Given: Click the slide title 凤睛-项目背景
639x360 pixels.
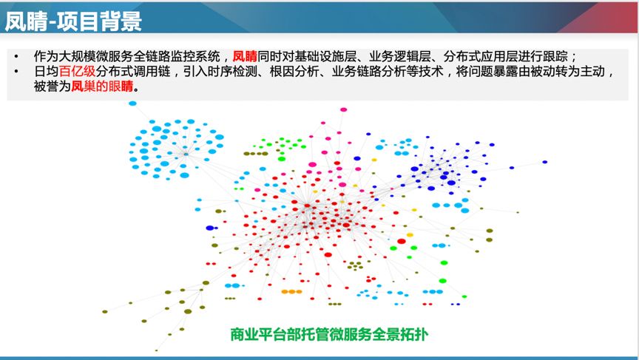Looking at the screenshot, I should click(74, 21).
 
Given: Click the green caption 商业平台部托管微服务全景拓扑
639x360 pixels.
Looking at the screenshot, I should click(329, 334).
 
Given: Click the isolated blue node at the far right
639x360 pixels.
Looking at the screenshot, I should click(545, 162).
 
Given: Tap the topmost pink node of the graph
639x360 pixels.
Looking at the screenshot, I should click(343, 109).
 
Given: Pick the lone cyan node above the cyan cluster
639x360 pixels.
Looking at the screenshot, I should click(133, 103).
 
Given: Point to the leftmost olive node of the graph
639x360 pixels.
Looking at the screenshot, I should click(105, 311).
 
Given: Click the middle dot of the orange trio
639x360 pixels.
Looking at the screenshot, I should click(291, 292).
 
